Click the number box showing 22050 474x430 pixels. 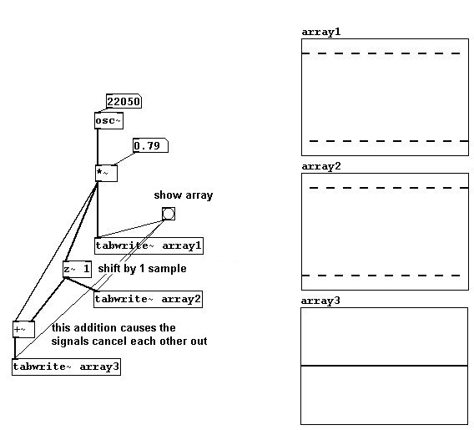click(x=124, y=101)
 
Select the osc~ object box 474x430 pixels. click(x=108, y=121)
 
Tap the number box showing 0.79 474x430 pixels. click(x=150, y=146)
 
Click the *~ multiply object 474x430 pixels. click(x=106, y=174)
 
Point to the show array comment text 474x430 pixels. click(x=184, y=195)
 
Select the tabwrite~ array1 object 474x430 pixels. click(x=149, y=245)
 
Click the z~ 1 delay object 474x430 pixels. click(x=77, y=269)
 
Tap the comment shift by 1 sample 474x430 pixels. click(x=142, y=269)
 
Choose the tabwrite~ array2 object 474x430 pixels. click(x=149, y=300)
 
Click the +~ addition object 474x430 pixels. click(x=23, y=329)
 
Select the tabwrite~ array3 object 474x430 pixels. click(x=66, y=367)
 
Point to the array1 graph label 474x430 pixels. click(x=321, y=32)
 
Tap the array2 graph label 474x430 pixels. click(x=321, y=166)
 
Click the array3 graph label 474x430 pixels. click(x=320, y=301)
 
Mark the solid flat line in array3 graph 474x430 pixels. click(x=384, y=366)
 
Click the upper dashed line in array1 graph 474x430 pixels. click(x=381, y=53)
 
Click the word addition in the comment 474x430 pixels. click(x=95, y=328)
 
